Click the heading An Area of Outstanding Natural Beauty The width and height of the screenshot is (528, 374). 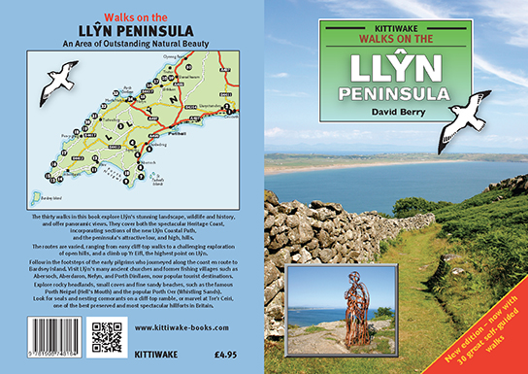coord(133,39)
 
